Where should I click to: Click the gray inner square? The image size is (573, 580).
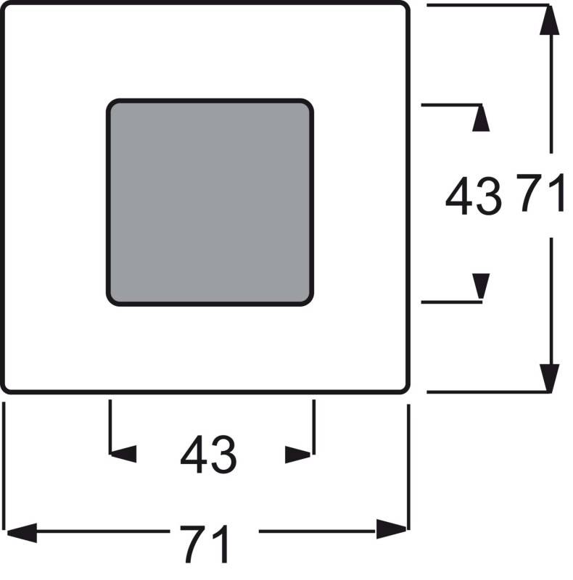click(x=210, y=202)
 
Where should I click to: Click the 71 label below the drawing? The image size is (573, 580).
click(x=205, y=544)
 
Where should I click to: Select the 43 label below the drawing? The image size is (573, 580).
click(x=208, y=455)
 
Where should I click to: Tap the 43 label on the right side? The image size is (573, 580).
click(x=474, y=196)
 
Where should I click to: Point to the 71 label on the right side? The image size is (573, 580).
click(x=541, y=193)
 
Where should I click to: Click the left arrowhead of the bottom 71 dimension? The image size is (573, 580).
click(x=22, y=533)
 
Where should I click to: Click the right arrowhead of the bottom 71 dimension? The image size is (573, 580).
click(x=392, y=529)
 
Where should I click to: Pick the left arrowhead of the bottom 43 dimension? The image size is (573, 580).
click(x=123, y=454)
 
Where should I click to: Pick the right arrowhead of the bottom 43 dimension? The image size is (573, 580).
click(x=298, y=455)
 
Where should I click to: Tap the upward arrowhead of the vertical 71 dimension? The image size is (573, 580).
click(x=549, y=20)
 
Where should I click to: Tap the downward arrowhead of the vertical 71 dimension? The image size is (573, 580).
click(x=549, y=378)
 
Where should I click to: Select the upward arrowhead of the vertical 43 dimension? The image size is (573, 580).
click(x=481, y=118)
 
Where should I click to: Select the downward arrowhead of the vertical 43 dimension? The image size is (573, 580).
click(x=481, y=286)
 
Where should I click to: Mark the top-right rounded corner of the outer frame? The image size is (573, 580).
click(x=406, y=6)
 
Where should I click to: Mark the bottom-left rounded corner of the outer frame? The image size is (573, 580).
click(x=5, y=389)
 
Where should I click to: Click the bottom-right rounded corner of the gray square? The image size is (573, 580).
click(x=310, y=302)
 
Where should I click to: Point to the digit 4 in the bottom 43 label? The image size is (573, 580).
click(x=193, y=455)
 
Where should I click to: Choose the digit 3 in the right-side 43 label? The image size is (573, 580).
click(x=490, y=196)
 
